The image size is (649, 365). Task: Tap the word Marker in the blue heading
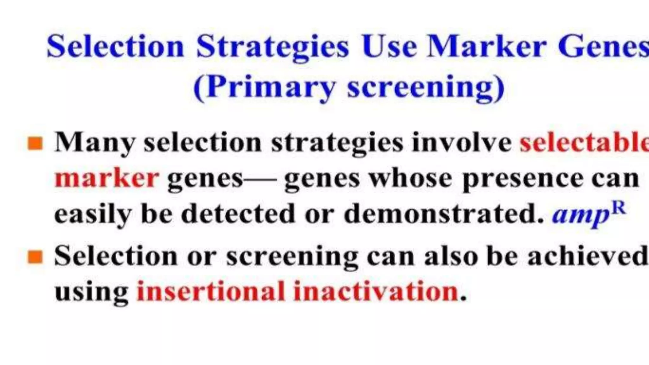click(486, 47)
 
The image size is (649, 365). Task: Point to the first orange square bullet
click(35, 143)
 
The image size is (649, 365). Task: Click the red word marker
click(106, 178)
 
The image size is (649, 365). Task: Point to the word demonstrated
click(444, 214)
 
